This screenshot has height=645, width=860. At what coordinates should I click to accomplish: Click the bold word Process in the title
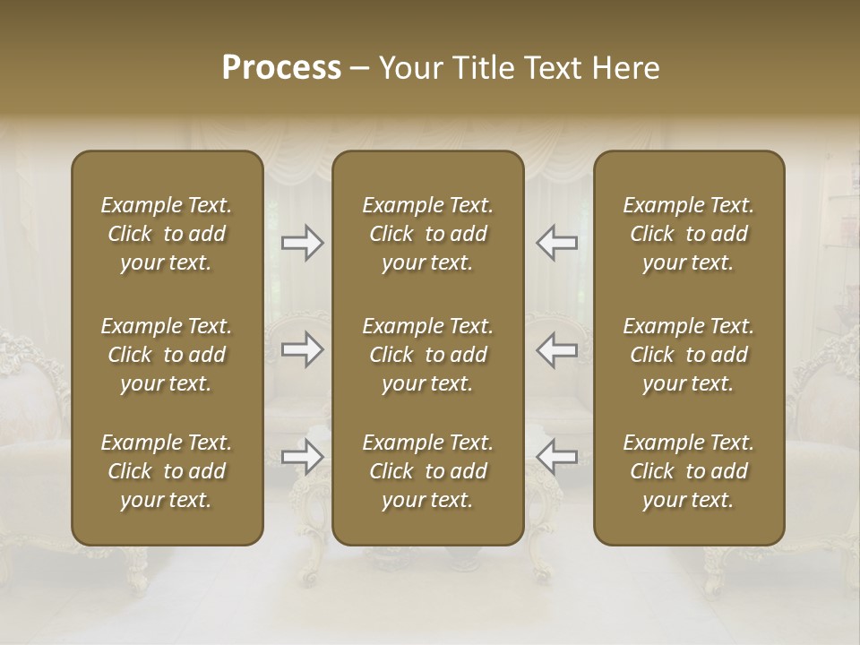(x=281, y=68)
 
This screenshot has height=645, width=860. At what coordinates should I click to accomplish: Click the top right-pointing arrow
(x=302, y=243)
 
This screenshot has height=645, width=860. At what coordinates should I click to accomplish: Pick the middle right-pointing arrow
(x=302, y=349)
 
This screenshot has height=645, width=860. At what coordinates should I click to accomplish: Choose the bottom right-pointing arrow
(x=302, y=457)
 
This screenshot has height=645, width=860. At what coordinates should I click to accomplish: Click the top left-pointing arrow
(x=556, y=243)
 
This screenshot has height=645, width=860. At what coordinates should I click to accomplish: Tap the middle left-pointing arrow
(x=556, y=349)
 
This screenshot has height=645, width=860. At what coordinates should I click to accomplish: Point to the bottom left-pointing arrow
(x=556, y=457)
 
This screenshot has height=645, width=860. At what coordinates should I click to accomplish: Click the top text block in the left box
(x=167, y=234)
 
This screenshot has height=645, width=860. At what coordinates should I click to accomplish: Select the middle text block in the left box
(x=167, y=355)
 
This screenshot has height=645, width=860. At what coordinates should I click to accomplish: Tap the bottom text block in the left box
(x=167, y=471)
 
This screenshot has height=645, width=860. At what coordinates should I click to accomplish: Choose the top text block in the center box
(x=428, y=234)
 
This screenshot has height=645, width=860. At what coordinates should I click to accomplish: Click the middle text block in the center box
(x=428, y=355)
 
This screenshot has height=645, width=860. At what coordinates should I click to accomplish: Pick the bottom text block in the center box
(x=428, y=471)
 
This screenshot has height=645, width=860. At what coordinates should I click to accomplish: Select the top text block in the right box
(x=689, y=234)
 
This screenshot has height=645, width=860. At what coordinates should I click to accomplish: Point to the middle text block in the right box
(x=689, y=355)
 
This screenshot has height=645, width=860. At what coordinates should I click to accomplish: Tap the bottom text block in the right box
(x=689, y=471)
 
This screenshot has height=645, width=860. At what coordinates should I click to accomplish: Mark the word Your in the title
(x=408, y=68)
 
